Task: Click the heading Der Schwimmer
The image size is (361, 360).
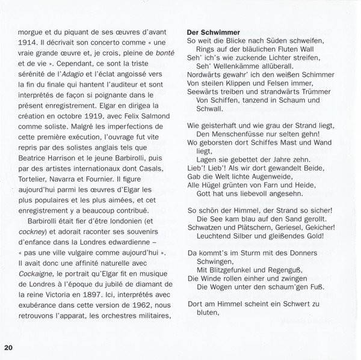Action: point(214,32)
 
